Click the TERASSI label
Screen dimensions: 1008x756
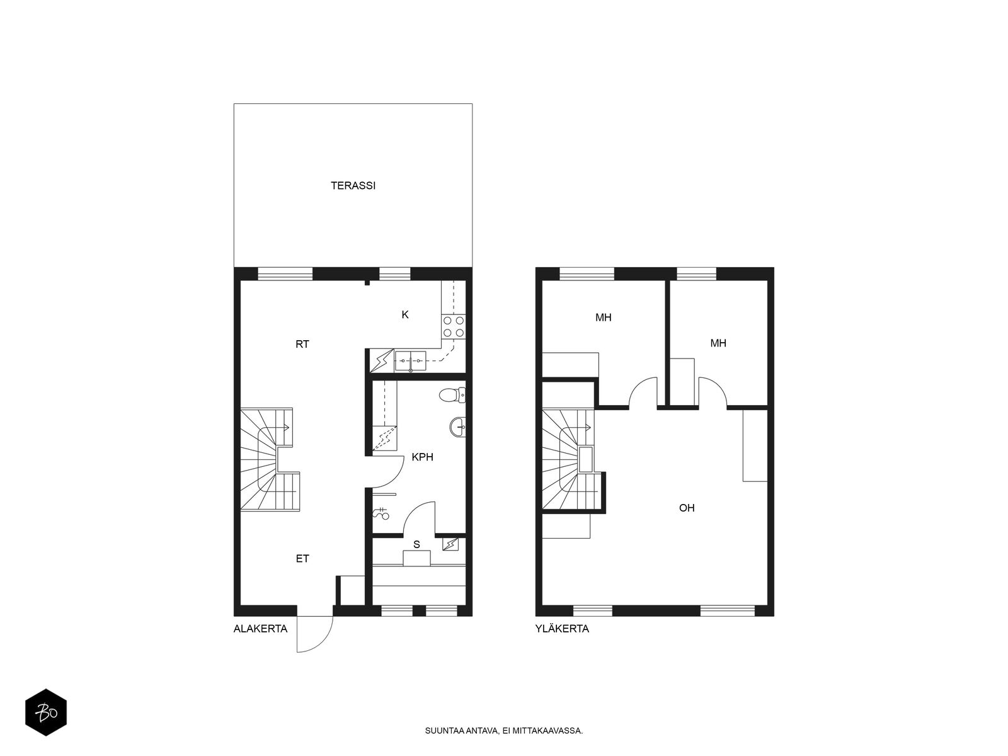pos(353,186)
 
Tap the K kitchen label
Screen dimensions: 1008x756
pos(405,315)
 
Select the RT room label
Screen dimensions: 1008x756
pos(302,344)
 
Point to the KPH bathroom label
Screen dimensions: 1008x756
pos(423,457)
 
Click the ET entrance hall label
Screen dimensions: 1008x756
pos(302,559)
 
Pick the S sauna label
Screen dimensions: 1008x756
pos(416,545)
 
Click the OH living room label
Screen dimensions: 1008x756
pos(687,508)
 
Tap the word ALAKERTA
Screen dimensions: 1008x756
pos(260,629)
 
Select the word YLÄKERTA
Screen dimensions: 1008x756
pos(562,629)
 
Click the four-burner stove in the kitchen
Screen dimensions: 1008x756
pos(454,327)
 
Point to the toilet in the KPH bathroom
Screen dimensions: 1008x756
pos(453,395)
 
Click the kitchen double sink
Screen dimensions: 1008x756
pos(411,361)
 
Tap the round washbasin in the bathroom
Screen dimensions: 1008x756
pos(458,427)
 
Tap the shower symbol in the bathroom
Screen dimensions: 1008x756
pos(381,513)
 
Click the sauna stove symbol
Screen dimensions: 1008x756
pos(450,544)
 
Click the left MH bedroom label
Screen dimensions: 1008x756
pos(604,318)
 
